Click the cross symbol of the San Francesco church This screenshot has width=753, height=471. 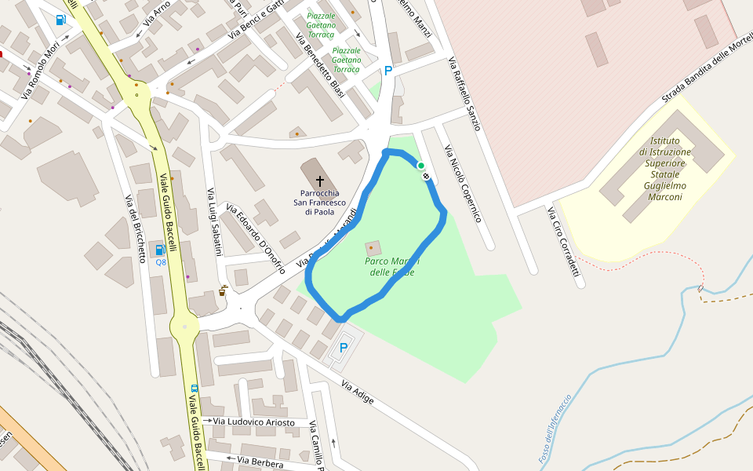point(320,181)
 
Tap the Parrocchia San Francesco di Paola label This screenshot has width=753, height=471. point(319,203)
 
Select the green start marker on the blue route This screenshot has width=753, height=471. point(420,166)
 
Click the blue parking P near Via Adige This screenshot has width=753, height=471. point(344,348)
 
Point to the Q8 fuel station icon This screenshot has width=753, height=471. point(161,250)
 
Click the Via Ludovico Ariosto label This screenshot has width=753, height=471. point(254,422)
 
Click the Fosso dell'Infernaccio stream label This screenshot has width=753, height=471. point(555,429)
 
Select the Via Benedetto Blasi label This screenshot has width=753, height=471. point(321,66)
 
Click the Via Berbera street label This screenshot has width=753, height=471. point(260,463)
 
